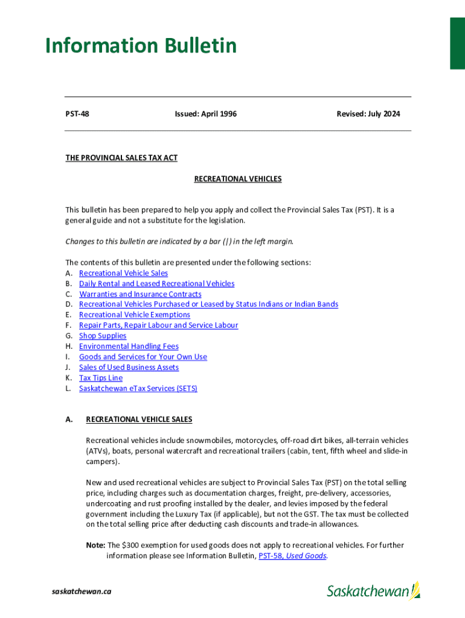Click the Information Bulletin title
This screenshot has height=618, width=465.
pos(141,46)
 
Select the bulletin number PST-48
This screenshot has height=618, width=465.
pos(77,114)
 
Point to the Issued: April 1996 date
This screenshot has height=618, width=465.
pos(205,114)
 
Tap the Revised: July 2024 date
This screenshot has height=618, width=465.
pos(368,114)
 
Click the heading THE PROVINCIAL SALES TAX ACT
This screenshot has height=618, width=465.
pos(121,158)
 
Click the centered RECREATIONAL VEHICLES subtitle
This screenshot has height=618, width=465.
pos(237,179)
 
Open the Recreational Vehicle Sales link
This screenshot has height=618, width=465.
pos(123,273)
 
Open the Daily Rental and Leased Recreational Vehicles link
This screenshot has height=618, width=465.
pos(156,284)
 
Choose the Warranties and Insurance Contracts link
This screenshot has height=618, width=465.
pos(140,295)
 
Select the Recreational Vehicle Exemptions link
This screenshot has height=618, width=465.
pos(134,315)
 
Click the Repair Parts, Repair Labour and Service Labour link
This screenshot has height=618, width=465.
pos(158,325)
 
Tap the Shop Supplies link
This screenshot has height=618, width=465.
pos(103,336)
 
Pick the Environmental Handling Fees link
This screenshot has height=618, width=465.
pos(129,346)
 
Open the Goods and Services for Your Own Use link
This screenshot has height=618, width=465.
pos(143,357)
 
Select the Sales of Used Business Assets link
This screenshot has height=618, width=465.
pos(129,368)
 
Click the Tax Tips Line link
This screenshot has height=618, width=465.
pos(100,378)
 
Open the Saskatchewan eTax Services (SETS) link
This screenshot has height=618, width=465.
pos(138,389)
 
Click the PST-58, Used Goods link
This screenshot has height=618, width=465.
pos(292,556)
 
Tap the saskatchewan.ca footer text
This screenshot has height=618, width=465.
pos(82,591)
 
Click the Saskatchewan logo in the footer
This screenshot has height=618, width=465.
pos(373,591)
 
